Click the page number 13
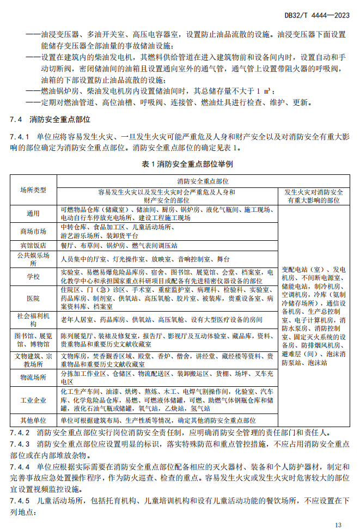(338, 525)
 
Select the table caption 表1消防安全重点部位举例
(180, 164)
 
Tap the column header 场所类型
(33, 190)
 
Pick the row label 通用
(33, 214)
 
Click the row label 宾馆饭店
(33, 246)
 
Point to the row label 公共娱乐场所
(33, 259)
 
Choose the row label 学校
(33, 276)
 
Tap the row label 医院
(33, 299)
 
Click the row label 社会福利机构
(33, 320)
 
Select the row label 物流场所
(33, 377)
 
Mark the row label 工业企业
(33, 400)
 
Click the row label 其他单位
(33, 421)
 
